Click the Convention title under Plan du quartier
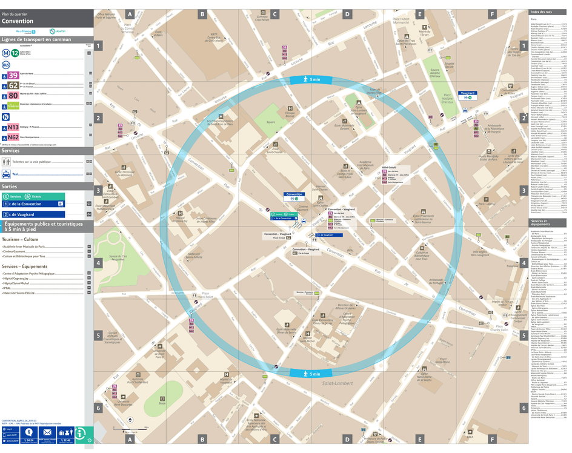coord(18,21)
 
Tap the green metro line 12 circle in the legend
coord(15,53)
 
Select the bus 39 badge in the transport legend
coord(13,75)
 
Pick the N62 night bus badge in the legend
coord(13,137)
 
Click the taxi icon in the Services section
coord(7,173)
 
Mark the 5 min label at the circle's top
coord(314,80)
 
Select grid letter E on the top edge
coord(419,14)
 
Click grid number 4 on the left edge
coord(98,263)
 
